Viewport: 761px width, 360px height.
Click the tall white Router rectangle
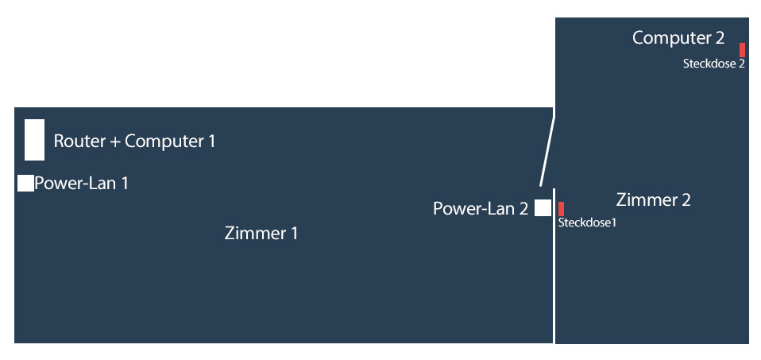click(34, 139)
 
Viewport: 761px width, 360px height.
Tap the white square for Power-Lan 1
click(25, 183)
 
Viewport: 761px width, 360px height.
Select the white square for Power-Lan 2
click(543, 208)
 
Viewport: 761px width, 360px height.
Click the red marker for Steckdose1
click(561, 209)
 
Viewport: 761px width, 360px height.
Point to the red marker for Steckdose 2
click(742, 49)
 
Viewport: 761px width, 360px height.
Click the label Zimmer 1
click(261, 234)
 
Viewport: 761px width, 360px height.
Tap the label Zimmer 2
click(653, 200)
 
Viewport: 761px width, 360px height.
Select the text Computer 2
click(678, 37)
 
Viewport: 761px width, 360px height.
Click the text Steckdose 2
click(713, 64)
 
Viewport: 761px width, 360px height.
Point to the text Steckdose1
click(588, 223)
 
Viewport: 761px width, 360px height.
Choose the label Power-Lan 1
click(81, 184)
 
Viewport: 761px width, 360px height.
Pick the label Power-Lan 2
click(480, 209)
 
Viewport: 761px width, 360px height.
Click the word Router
click(79, 141)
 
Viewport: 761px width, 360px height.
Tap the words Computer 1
click(170, 141)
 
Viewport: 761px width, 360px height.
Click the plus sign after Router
click(115, 142)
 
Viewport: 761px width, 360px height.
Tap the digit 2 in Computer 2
click(719, 37)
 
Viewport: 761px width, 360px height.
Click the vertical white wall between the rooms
click(554, 270)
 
